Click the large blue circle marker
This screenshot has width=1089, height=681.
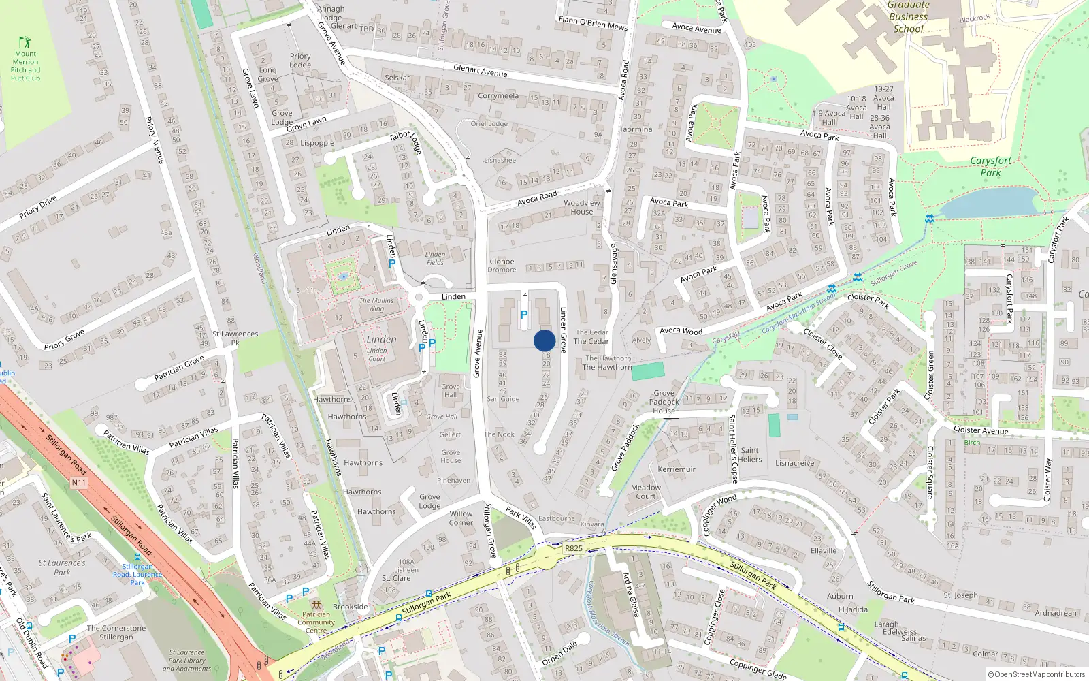click(x=544, y=340)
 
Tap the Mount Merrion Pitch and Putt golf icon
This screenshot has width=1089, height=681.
click(x=25, y=42)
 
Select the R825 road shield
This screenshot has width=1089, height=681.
click(x=574, y=548)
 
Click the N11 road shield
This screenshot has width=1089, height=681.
click(x=79, y=482)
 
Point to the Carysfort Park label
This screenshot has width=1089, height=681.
click(x=990, y=166)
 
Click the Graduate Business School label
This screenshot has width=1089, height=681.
click(x=909, y=17)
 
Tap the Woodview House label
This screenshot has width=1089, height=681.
click(x=582, y=207)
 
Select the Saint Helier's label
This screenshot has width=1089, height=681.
click(x=750, y=454)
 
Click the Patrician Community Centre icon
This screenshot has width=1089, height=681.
click(x=316, y=605)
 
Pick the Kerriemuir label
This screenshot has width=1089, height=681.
click(x=677, y=469)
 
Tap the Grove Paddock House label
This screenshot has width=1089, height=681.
click(x=664, y=402)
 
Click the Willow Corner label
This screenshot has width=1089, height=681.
click(x=461, y=518)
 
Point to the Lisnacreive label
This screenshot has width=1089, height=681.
click(x=795, y=463)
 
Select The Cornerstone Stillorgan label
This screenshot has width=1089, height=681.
click(x=116, y=633)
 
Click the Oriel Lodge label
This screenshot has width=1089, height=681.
click(x=489, y=124)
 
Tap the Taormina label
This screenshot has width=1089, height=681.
click(x=636, y=129)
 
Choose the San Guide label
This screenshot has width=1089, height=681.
click(x=503, y=399)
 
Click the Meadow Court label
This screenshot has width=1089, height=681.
click(x=646, y=492)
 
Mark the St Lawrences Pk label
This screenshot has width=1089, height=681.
click(x=235, y=338)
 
